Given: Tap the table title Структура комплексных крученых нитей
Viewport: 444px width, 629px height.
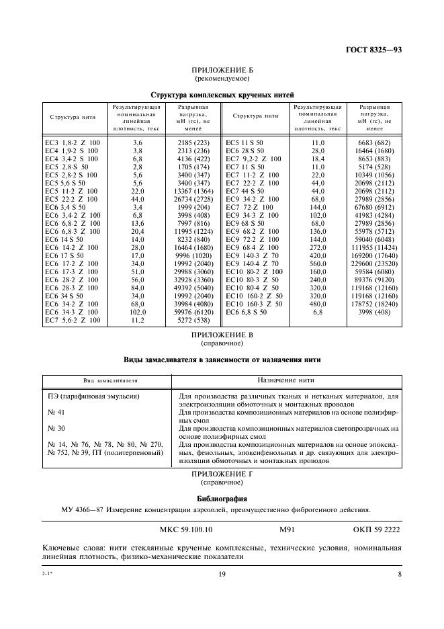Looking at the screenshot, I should [x=222, y=95].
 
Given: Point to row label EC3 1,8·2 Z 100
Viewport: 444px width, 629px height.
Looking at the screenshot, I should [x=72, y=143].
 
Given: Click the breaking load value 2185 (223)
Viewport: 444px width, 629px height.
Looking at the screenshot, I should [x=193, y=143].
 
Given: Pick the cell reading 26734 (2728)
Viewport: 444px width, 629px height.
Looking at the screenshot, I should [x=193, y=200].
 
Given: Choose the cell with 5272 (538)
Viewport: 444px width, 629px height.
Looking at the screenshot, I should [x=193, y=320].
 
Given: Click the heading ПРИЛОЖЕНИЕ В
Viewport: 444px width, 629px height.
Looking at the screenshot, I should [x=222, y=335].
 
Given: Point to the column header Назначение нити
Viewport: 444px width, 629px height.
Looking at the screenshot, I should [x=288, y=380].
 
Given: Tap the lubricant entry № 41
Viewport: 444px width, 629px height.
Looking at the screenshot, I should [x=56, y=412].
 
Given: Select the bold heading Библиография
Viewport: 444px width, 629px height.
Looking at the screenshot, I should [x=222, y=499].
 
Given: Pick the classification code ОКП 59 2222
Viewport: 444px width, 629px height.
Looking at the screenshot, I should [x=375, y=530].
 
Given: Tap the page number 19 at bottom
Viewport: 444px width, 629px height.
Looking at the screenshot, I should [x=222, y=574].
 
